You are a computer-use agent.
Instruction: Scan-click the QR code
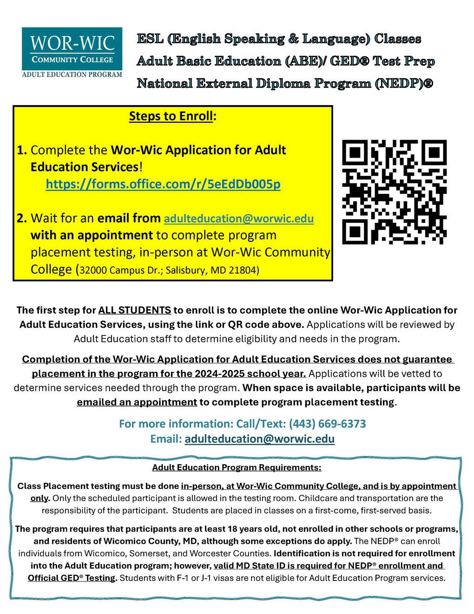click(x=394, y=192)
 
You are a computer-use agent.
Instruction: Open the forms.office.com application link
click(x=163, y=184)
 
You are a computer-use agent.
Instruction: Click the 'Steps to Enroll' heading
click(x=172, y=116)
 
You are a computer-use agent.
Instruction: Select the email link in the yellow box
click(x=239, y=218)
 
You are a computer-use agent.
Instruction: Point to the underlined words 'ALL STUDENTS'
click(x=134, y=310)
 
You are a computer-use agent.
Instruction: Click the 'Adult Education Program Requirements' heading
click(x=237, y=467)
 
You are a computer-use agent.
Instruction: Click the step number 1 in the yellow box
click(x=21, y=150)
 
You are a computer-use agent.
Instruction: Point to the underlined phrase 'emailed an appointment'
click(x=137, y=402)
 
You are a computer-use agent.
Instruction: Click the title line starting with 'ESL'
click(x=279, y=39)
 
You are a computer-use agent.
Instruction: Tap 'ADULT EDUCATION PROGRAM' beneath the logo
click(x=72, y=74)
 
